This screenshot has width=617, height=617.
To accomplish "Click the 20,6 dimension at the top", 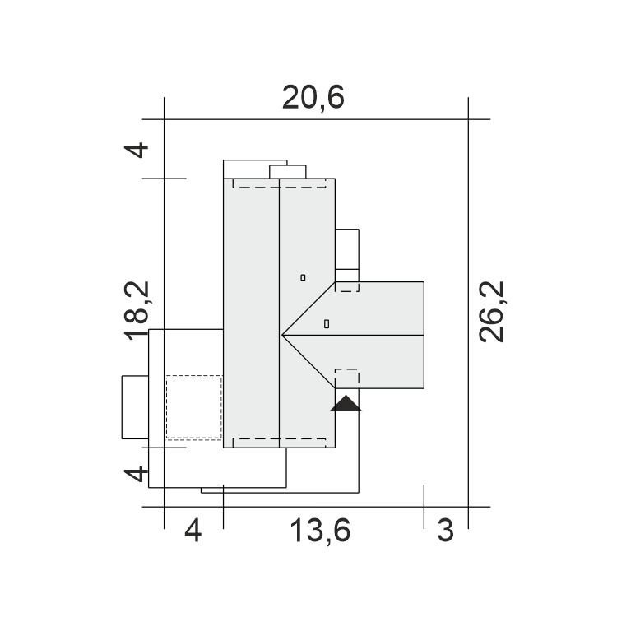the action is (x=313, y=97).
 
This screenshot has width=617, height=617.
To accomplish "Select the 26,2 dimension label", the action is (x=492, y=312).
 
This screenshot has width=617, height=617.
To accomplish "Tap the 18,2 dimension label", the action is (x=137, y=311).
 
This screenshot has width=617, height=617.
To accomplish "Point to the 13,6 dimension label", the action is (x=320, y=531).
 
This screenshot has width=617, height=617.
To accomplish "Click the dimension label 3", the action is (x=446, y=531).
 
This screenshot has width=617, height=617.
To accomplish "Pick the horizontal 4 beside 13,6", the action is (x=193, y=531).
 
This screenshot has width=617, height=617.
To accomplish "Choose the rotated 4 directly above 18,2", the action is (x=136, y=151).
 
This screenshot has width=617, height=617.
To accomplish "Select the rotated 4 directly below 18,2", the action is (x=136, y=474).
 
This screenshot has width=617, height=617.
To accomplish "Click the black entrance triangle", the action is (x=346, y=404).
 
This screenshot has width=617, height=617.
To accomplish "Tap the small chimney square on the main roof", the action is (x=303, y=277).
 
